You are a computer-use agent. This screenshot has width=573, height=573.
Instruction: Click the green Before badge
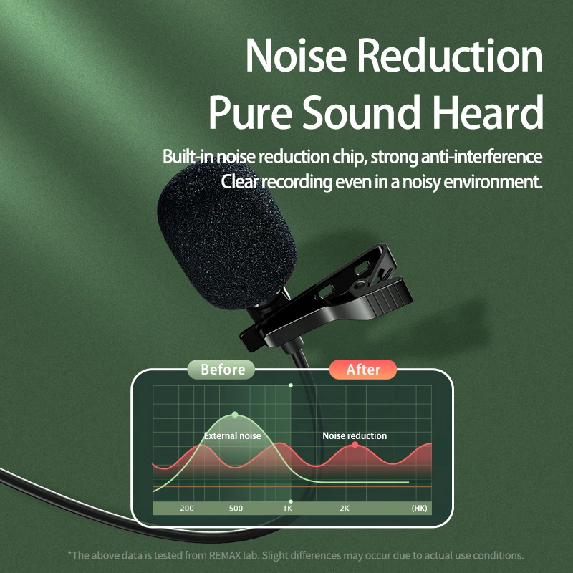221,370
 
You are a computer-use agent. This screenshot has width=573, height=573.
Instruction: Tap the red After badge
363,370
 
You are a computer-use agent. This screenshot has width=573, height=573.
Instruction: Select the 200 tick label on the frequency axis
187,509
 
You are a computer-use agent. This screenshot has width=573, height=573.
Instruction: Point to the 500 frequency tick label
236,509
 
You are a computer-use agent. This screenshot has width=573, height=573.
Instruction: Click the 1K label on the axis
288,509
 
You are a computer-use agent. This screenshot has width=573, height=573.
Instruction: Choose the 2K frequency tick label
345,509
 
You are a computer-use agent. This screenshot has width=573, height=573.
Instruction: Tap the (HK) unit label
419,509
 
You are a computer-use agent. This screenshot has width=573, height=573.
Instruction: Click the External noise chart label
232,435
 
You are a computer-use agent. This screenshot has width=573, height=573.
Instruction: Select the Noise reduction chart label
355,435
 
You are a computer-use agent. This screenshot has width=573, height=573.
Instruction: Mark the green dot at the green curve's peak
235,415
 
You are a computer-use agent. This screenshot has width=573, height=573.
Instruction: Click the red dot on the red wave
355,445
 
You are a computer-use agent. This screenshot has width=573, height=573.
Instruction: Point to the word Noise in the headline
296,56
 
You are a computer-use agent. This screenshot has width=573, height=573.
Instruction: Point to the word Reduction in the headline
450,56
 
